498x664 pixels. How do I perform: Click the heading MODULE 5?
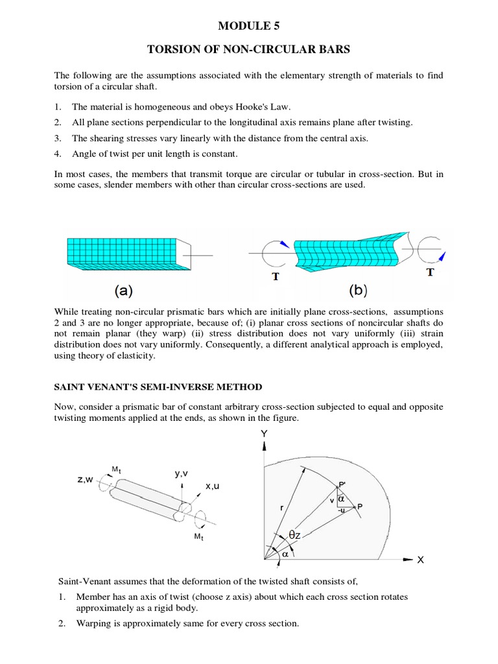click(249, 26)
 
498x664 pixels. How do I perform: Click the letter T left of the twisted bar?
click(276, 276)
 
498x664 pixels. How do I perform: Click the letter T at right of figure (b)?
click(429, 272)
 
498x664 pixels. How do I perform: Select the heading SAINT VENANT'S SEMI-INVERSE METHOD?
click(158, 387)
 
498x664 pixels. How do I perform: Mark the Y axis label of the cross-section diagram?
click(264, 433)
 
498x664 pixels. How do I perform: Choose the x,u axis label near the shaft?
click(213, 486)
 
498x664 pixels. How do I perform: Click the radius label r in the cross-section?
click(281, 509)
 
